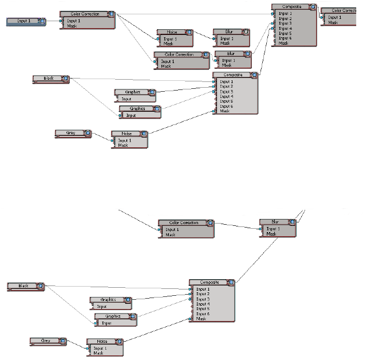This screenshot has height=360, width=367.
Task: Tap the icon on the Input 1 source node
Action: [x=42, y=21]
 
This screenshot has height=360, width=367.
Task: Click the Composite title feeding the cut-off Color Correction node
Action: [x=291, y=7]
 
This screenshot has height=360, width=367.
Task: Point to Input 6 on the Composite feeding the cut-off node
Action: [x=286, y=38]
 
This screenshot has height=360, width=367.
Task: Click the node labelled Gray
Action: [x=71, y=133]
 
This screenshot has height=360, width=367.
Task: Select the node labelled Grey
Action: [x=46, y=341]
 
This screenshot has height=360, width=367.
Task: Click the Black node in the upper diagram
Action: [x=49, y=79]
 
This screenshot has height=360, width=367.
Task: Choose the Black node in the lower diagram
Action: [x=24, y=285]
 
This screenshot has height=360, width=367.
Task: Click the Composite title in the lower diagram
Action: [x=209, y=282]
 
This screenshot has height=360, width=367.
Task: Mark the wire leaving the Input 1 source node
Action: [x=53, y=21]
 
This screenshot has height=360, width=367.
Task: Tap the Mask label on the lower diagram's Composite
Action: [x=201, y=319]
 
